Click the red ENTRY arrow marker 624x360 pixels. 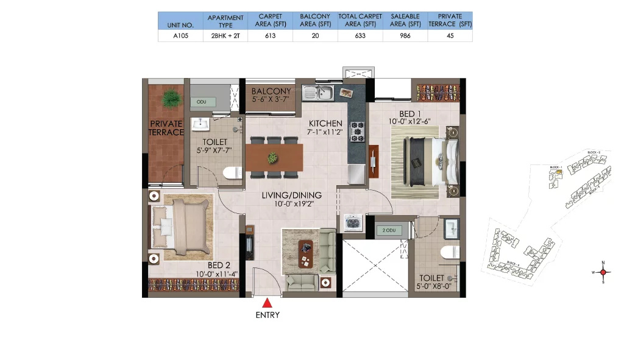(x=267, y=302)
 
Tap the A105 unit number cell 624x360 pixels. (x=180, y=36)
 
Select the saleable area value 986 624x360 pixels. (x=406, y=36)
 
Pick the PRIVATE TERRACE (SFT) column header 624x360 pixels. (x=450, y=21)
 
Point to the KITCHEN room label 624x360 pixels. (x=325, y=123)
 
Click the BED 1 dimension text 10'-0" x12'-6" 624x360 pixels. (x=411, y=122)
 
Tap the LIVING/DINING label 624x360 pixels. (x=292, y=196)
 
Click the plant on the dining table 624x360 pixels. (x=273, y=158)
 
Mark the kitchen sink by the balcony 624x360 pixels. (x=319, y=93)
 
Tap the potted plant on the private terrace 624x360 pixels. (x=171, y=97)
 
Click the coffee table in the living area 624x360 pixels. (x=305, y=253)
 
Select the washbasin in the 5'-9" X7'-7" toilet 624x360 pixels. (x=200, y=125)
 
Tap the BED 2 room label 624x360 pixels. (x=218, y=265)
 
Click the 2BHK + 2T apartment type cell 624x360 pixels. (x=225, y=36)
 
